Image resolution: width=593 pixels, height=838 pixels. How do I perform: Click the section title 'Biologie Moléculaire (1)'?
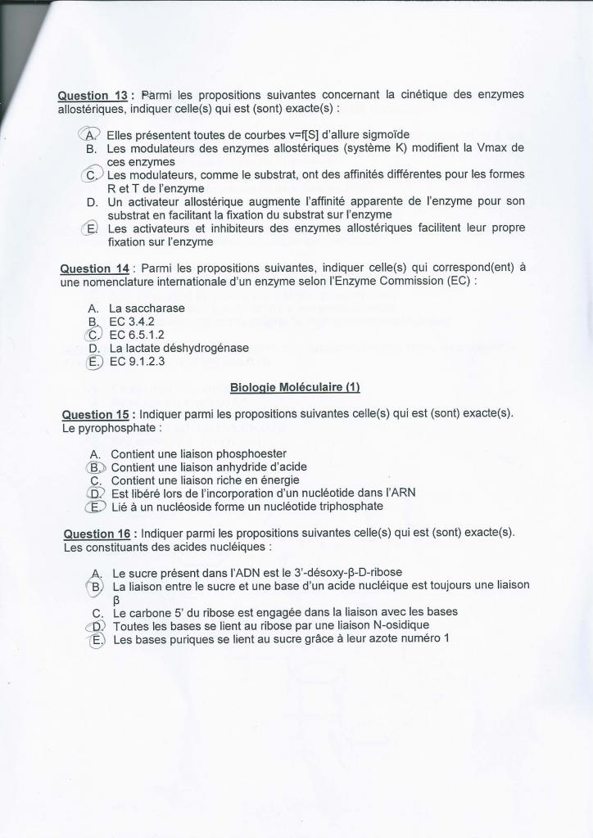tap(295, 387)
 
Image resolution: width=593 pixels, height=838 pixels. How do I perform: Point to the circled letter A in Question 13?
tap(90, 135)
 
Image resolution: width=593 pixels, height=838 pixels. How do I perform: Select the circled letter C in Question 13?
tap(92, 175)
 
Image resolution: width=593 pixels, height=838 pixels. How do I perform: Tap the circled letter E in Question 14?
tap(94, 362)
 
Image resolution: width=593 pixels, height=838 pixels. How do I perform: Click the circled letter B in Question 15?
tap(96, 467)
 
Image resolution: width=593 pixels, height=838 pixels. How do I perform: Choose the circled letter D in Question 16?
tap(97, 626)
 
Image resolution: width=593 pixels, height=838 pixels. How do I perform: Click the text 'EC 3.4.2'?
tap(132, 322)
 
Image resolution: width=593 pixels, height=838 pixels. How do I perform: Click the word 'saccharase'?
tap(156, 309)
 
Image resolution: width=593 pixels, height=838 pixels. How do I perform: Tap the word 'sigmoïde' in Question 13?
tap(385, 134)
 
